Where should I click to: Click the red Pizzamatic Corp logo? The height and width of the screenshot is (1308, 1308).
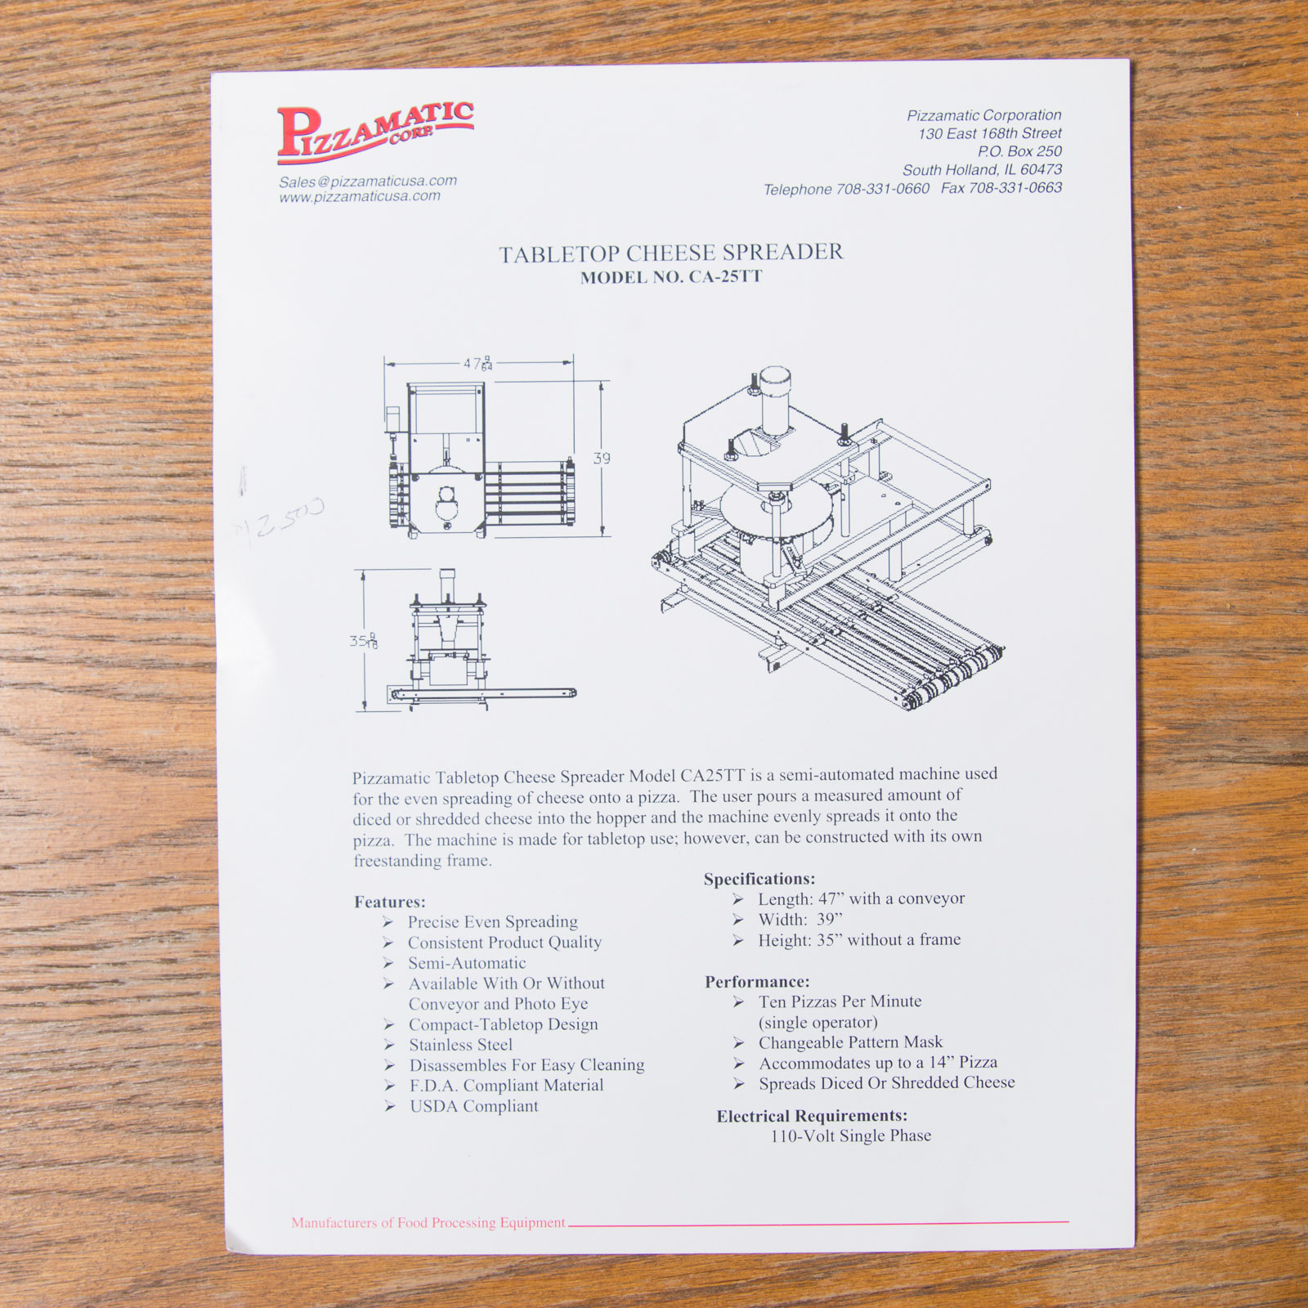point(374,131)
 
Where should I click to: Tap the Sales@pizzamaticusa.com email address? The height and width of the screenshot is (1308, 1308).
point(367,181)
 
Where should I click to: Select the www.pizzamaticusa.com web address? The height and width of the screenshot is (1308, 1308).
point(360,197)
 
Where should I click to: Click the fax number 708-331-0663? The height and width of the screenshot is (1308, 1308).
point(1015,188)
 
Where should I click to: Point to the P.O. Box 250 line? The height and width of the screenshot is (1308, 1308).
point(1019,151)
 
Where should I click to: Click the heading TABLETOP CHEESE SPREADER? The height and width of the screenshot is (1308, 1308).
point(670,253)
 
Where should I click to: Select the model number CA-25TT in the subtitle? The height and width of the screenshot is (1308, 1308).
point(725,276)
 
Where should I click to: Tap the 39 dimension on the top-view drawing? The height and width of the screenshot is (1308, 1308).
point(602,459)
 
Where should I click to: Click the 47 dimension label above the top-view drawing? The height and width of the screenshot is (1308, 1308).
point(478,364)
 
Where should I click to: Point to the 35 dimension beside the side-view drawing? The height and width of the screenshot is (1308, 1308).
point(364,641)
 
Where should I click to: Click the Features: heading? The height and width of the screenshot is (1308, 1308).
point(390,902)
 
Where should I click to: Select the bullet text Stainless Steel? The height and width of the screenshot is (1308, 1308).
point(461,1045)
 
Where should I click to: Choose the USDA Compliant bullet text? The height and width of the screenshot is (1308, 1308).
point(474,1106)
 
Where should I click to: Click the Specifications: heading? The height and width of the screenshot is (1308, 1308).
point(759,879)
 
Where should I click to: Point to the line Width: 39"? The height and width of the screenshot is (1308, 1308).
point(800,920)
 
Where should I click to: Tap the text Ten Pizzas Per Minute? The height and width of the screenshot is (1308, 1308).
point(840,1001)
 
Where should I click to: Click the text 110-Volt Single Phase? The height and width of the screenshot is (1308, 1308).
point(850,1136)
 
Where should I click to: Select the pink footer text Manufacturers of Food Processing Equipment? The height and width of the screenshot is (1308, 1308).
point(428,1223)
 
